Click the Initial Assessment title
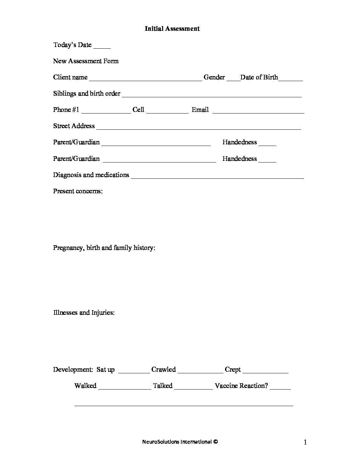point(172,29)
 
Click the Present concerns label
point(78,191)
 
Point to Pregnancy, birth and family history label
point(104,248)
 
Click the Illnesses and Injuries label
point(84,313)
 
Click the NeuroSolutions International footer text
point(180,442)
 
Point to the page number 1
point(305,442)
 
